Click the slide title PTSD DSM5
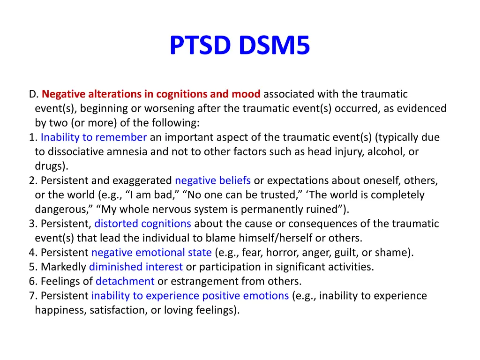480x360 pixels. click(240, 45)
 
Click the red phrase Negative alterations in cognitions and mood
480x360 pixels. click(151, 94)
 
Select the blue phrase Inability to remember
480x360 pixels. click(94, 137)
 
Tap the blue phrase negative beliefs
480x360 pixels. click(213, 180)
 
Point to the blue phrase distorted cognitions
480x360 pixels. click(142, 224)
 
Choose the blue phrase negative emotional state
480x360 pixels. click(151, 253)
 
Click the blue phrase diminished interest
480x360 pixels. click(136, 267)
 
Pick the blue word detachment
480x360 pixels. click(125, 281)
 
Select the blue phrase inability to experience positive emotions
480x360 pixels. click(190, 296)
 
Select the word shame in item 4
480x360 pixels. click(397, 253)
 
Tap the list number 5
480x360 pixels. click(31, 267)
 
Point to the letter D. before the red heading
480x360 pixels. click(33, 94)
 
